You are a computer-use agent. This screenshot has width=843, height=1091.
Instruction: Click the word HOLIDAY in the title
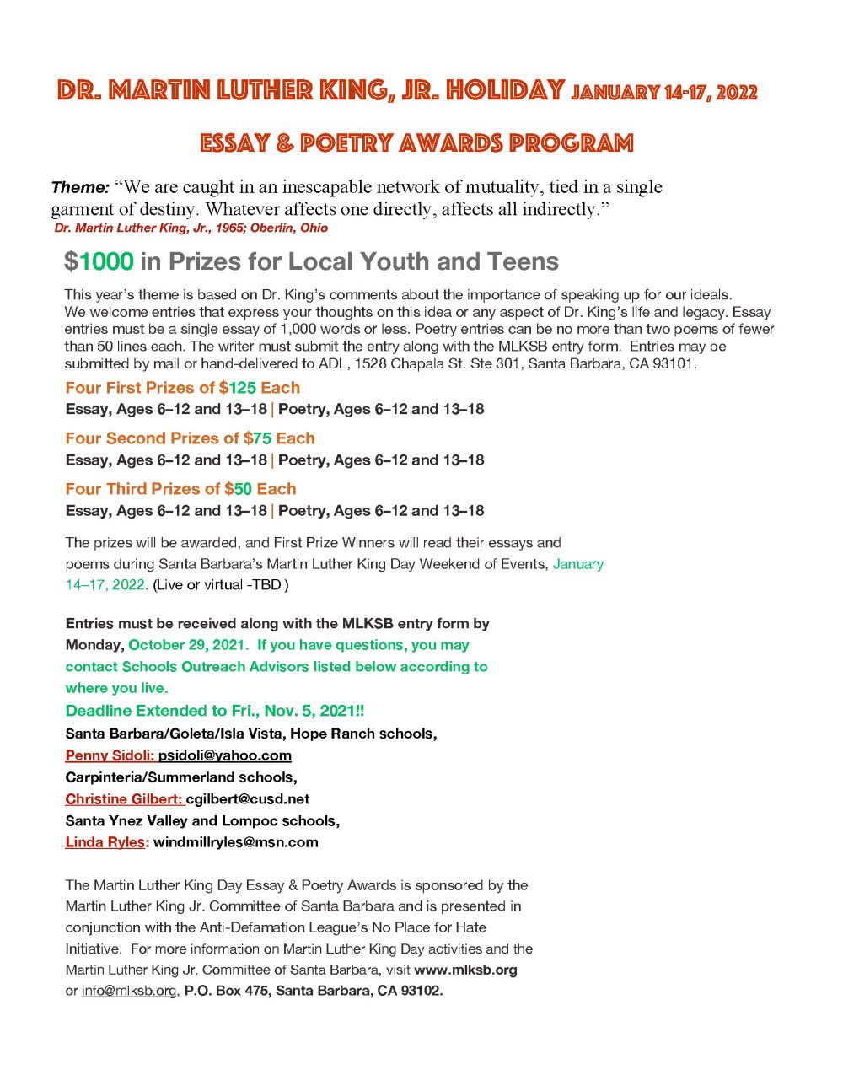pyautogui.click(x=505, y=90)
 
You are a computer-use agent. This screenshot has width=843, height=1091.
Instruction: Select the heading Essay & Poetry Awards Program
pyautogui.click(x=416, y=143)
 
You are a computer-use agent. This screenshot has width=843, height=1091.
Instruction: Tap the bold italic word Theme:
pyautogui.click(x=80, y=187)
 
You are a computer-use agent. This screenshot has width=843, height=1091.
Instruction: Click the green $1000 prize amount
pyautogui.click(x=99, y=261)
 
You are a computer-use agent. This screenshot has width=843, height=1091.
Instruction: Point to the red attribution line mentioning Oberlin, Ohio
pyautogui.click(x=191, y=228)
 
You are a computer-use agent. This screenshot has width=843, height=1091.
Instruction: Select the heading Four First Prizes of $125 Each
pyautogui.click(x=182, y=388)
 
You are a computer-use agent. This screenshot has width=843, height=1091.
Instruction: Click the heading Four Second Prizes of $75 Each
pyautogui.click(x=190, y=438)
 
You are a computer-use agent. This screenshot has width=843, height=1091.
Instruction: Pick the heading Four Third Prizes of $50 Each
pyautogui.click(x=180, y=489)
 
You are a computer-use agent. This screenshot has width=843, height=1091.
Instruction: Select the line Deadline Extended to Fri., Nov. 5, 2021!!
pyautogui.click(x=214, y=711)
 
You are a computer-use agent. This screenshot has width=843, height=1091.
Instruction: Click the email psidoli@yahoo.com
pyautogui.click(x=224, y=755)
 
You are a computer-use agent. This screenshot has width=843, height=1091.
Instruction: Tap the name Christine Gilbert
pyautogui.click(x=123, y=799)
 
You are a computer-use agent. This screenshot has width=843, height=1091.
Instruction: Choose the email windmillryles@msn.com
pyautogui.click(x=235, y=842)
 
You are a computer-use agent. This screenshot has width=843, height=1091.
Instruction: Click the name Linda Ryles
pyautogui.click(x=105, y=842)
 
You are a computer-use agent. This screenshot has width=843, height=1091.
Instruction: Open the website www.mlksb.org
pyautogui.click(x=465, y=970)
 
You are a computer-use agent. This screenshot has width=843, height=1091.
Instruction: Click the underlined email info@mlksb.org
pyautogui.click(x=129, y=991)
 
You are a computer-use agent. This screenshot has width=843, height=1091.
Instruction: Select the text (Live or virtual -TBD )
pyautogui.click(x=220, y=585)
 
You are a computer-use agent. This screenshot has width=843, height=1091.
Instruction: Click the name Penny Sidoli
pyautogui.click(x=109, y=755)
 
